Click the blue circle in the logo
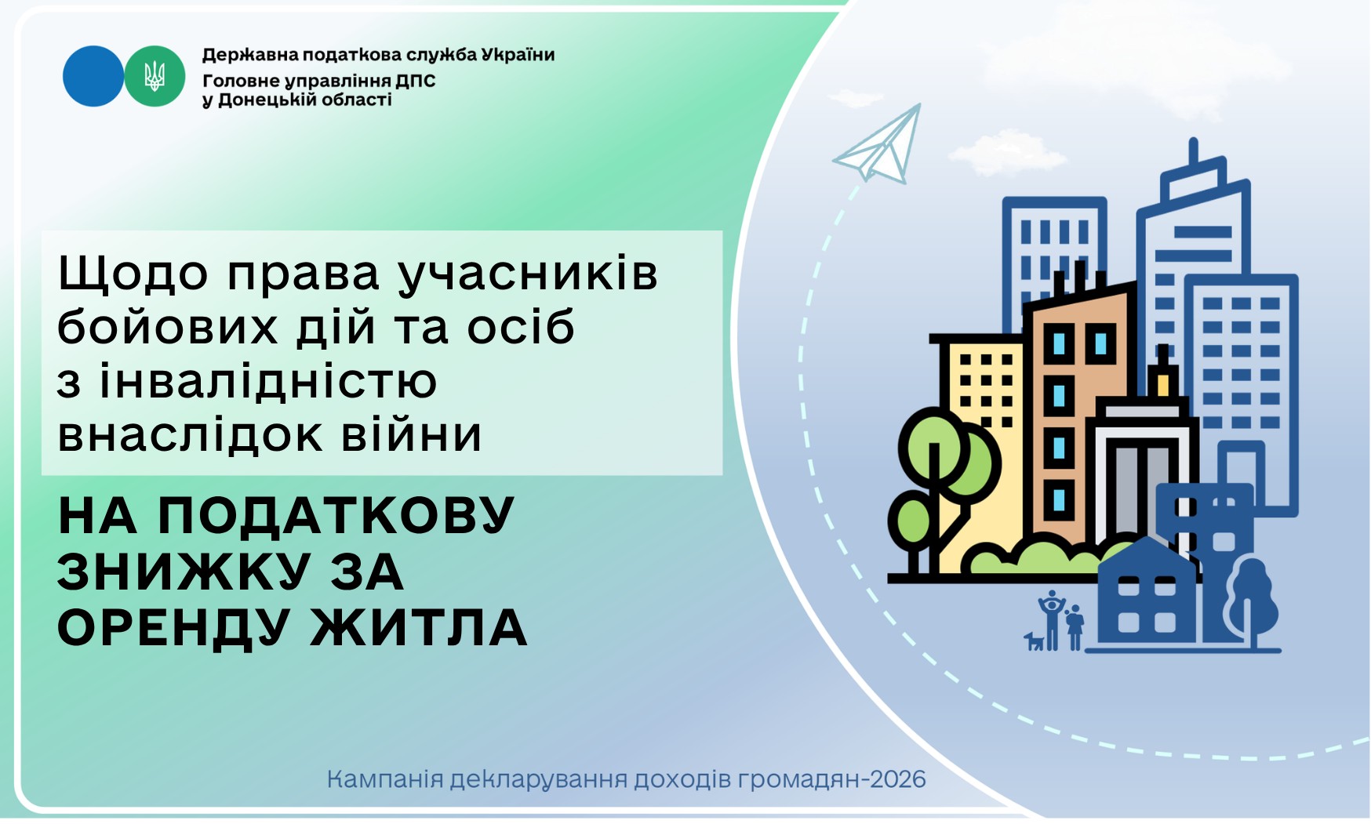(x=93, y=76)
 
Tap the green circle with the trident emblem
(x=155, y=76)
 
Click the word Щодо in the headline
(x=134, y=274)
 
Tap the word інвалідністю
(x=267, y=382)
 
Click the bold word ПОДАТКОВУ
(x=336, y=516)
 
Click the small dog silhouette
(x=1035, y=641)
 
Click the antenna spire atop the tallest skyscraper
(x=1193, y=152)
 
